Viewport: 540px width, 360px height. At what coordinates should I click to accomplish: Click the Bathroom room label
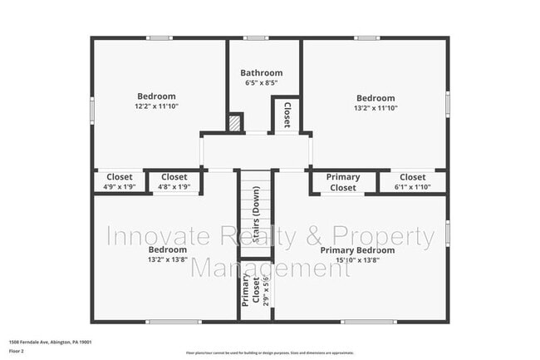coord(261,72)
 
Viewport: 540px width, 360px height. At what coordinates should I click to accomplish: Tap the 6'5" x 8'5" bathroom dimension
coord(261,83)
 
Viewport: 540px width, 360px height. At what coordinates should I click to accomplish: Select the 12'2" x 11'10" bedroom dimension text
coord(156,106)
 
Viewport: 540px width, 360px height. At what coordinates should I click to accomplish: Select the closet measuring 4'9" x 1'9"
coord(119,182)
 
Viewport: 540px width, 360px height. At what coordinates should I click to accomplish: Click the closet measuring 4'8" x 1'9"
coord(174,182)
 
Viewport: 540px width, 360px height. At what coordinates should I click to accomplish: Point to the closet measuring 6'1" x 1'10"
coord(412,182)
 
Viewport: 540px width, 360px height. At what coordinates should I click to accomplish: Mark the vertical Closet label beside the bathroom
coord(287,114)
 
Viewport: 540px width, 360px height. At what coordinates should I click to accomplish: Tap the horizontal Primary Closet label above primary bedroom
coord(342,182)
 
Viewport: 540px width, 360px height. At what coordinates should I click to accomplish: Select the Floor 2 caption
coord(17,352)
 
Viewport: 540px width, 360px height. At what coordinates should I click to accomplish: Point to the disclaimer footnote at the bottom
coord(269,353)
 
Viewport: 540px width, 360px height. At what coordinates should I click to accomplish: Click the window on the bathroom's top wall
coord(256,37)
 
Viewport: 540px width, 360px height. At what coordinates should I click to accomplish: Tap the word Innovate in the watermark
coord(145,238)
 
